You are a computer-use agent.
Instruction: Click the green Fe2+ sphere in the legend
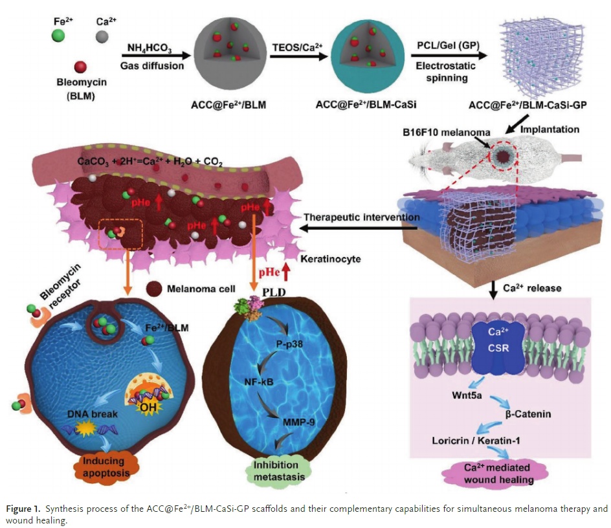click(59, 33)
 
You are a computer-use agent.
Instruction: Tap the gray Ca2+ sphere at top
click(100, 33)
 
